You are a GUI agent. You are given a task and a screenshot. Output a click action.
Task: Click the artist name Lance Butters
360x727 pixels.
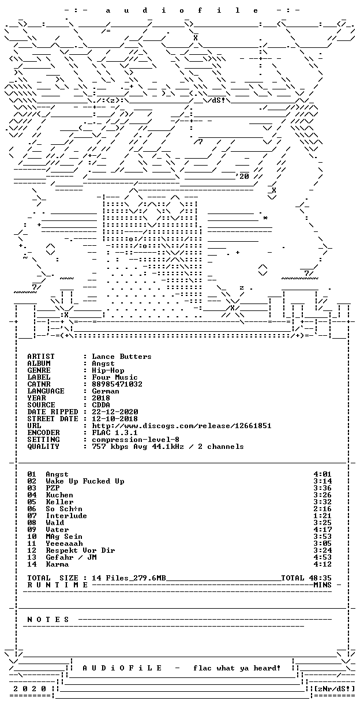point(122,357)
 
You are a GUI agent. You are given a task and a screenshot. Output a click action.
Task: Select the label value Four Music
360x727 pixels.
point(115,377)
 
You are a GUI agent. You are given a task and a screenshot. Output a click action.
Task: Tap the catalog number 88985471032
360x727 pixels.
point(117,384)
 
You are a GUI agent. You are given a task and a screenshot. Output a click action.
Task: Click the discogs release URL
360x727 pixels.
point(182,426)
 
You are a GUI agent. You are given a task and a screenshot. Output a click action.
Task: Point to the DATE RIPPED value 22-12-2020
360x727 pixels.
point(115,412)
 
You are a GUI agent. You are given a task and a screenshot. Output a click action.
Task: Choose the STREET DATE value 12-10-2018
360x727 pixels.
point(115,419)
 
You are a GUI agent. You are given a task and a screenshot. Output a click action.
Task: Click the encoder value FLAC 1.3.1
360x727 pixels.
point(115,433)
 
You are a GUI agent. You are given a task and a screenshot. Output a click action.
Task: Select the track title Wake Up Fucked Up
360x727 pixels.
point(85,481)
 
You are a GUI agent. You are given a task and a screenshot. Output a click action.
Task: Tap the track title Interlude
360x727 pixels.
point(66,516)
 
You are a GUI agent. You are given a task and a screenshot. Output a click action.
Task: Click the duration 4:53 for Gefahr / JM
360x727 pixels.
point(322,557)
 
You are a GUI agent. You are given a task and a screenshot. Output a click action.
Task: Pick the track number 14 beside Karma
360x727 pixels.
point(32,564)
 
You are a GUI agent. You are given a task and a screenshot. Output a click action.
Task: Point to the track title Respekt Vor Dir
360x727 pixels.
point(80,550)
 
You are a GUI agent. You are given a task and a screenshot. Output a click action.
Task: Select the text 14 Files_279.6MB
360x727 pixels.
point(129,578)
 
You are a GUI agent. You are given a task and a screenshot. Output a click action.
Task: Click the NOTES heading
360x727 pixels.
point(48,620)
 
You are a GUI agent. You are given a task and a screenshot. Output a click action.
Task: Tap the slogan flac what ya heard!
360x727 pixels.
point(237,668)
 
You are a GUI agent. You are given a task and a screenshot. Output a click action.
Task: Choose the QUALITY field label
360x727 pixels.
point(43,447)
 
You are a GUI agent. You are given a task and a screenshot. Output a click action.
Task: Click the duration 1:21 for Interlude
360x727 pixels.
point(322,516)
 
